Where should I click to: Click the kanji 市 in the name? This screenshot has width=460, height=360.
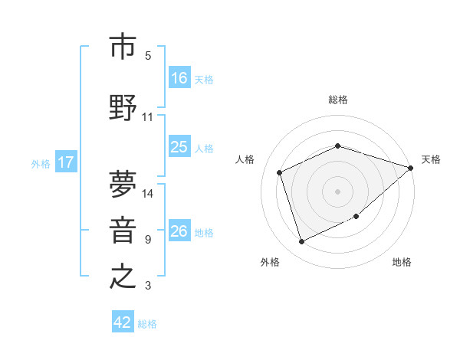[x=123, y=47]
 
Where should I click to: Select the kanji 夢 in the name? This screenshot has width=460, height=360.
[x=123, y=185]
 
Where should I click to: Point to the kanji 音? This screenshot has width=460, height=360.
[x=123, y=231]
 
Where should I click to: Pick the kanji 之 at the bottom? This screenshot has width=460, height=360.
[x=123, y=277]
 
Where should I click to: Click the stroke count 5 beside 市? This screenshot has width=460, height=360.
[x=148, y=56]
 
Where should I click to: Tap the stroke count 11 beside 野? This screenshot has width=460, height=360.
[x=148, y=117]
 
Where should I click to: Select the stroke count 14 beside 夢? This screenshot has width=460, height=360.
[x=148, y=193]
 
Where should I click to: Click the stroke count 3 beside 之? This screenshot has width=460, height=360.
[x=148, y=286]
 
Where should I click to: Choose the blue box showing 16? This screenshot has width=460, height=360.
[x=179, y=77]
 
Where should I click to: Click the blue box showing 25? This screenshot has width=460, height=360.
[x=179, y=147]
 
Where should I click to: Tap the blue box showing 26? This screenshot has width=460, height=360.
[x=179, y=231]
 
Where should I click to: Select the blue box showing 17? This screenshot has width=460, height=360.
[x=65, y=162]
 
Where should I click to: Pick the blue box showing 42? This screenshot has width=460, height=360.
[x=123, y=322]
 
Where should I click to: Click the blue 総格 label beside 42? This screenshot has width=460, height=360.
[x=148, y=324]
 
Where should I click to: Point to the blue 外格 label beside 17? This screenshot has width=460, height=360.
[x=41, y=164]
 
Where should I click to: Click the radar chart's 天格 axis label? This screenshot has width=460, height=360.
[x=432, y=159]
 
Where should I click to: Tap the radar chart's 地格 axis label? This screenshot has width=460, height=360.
[x=402, y=262]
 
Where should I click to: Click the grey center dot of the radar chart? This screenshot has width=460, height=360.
[x=337, y=191]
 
